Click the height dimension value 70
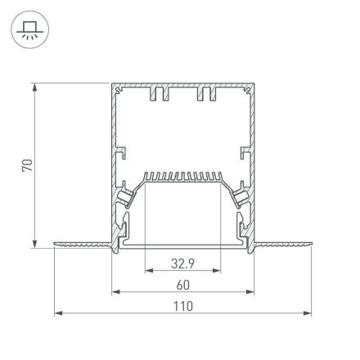27,164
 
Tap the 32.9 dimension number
182,263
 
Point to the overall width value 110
182,306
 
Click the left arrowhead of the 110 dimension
57,313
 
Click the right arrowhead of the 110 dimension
308,313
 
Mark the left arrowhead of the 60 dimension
115,291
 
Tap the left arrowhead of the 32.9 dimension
148,271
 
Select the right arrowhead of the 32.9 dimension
217,271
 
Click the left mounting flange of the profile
82,243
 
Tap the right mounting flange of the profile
282,243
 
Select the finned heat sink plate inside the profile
182,177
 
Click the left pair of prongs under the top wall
159,96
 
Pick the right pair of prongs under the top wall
205,96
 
